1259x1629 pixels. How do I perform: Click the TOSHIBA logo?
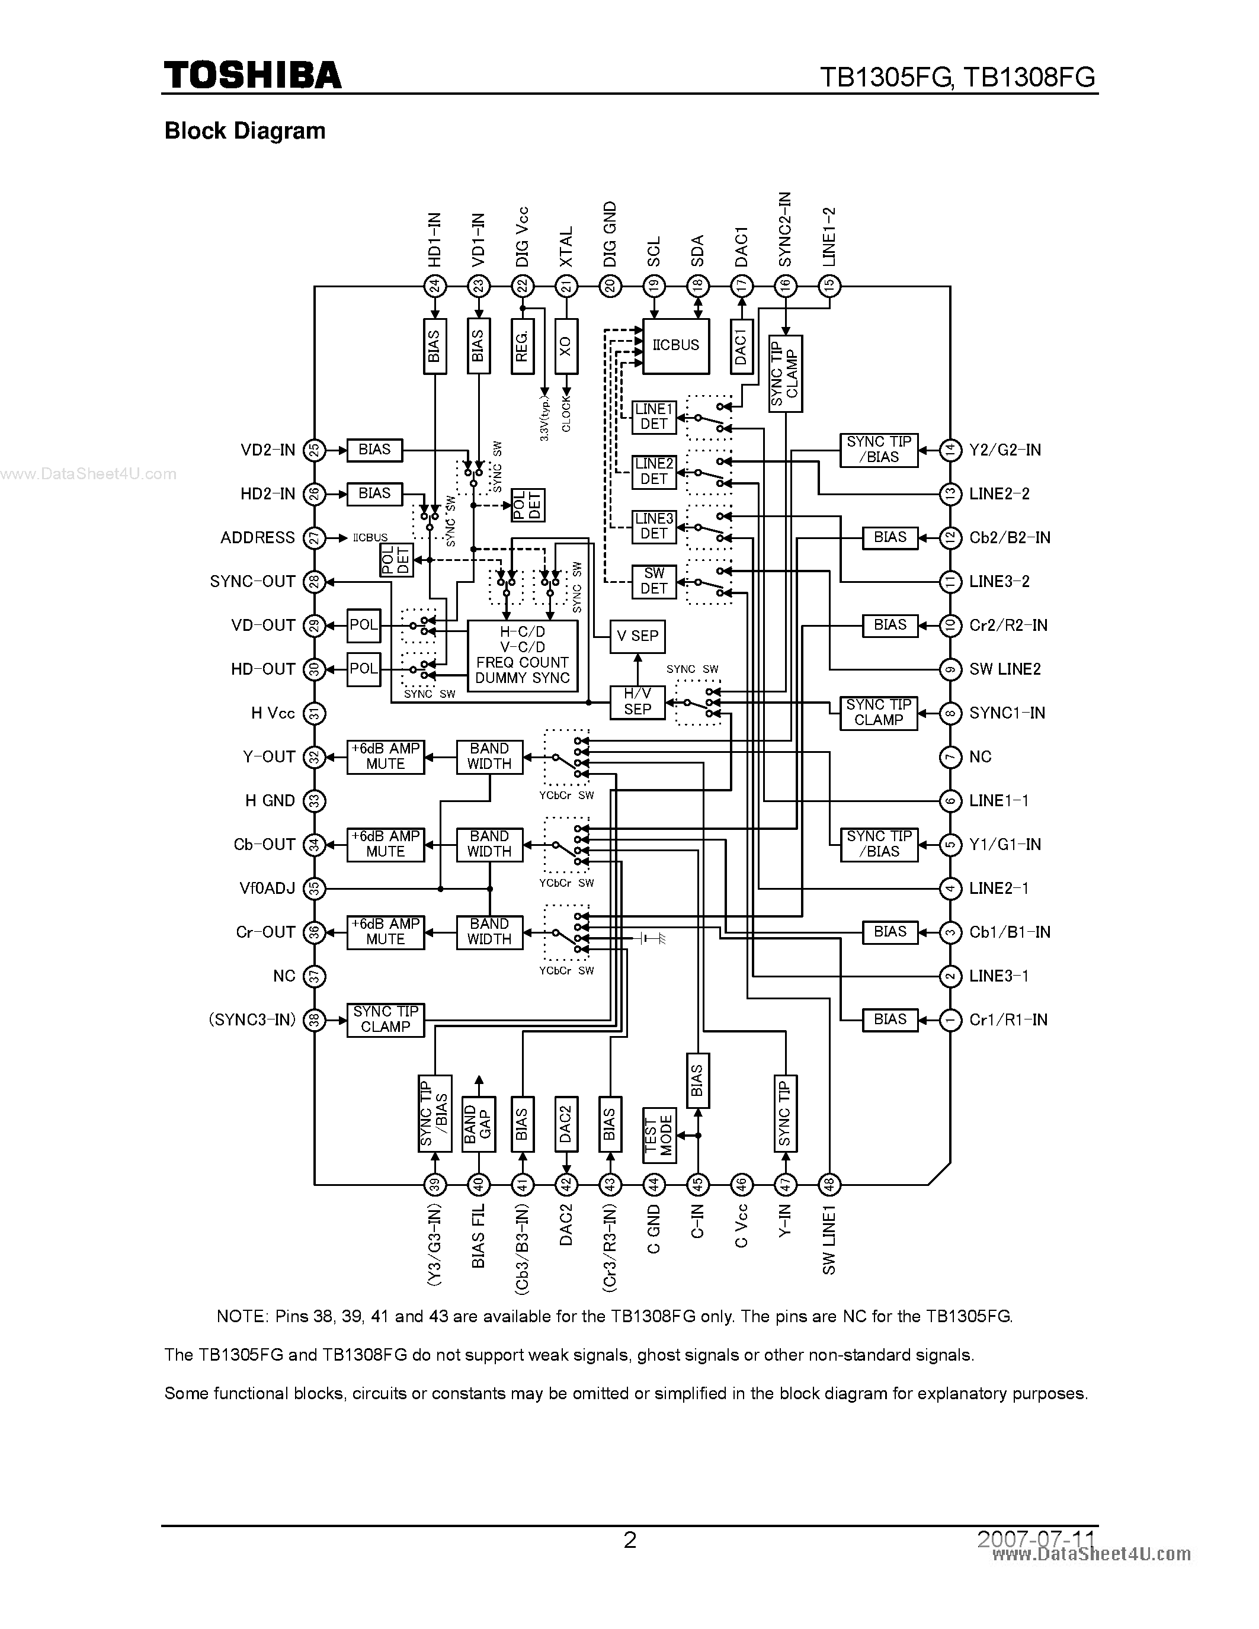tap(252, 75)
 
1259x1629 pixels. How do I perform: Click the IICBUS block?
tap(676, 346)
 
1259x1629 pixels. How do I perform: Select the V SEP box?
tap(637, 636)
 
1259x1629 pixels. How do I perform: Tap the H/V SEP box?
tap(637, 702)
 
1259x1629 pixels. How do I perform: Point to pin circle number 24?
tap(434, 286)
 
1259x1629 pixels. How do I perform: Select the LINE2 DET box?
tap(653, 472)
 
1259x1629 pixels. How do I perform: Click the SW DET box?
tap(653, 581)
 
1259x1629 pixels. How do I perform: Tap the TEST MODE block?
tap(659, 1135)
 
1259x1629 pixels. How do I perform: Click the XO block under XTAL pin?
tap(566, 346)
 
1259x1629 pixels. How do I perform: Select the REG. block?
tap(522, 346)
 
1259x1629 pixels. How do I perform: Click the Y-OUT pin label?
tap(268, 757)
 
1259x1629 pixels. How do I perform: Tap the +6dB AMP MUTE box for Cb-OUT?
tap(386, 844)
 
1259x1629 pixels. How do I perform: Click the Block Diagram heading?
tap(245, 132)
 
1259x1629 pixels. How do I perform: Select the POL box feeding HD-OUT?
tap(363, 669)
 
